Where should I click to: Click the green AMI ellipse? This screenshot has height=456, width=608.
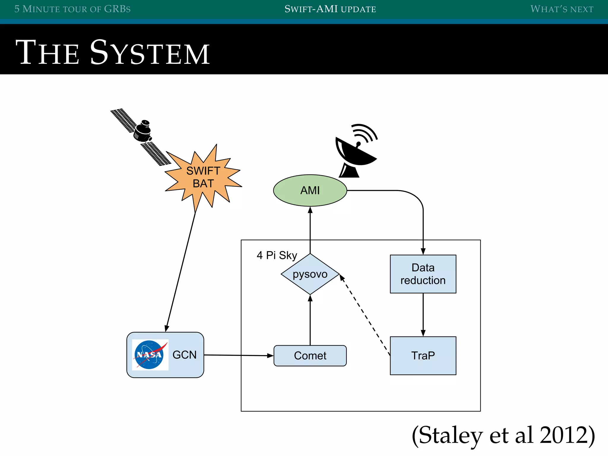(310, 190)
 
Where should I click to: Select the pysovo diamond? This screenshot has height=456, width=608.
(310, 274)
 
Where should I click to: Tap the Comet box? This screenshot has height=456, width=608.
(310, 355)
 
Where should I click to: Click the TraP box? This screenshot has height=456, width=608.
(423, 355)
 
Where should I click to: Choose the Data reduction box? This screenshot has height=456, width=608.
(423, 274)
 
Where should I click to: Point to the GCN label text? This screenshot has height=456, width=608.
(184, 355)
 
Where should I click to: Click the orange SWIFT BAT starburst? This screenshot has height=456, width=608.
(203, 178)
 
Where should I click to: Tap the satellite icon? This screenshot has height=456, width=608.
(141, 135)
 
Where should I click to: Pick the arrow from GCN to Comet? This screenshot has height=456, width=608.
(237, 355)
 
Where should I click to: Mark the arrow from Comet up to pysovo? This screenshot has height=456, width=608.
(310, 321)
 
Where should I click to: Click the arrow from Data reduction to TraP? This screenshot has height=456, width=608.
(423, 315)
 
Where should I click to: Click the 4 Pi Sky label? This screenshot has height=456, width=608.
(277, 255)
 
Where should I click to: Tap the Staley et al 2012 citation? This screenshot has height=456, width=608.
(503, 435)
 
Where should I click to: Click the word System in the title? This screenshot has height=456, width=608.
(150, 53)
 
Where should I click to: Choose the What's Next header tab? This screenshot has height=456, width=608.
(562, 9)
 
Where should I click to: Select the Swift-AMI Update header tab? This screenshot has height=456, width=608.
(330, 9)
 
